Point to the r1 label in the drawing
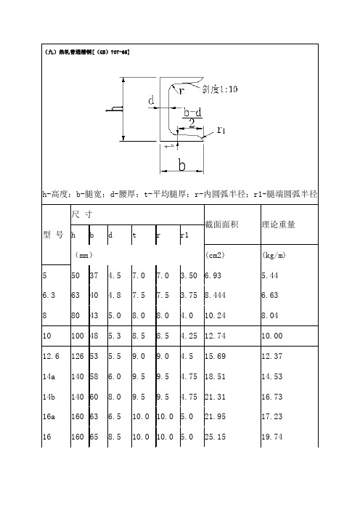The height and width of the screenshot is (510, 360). point(223,129)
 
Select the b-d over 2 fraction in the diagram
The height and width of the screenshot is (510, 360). point(192,118)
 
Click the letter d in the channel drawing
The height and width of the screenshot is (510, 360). point(152,101)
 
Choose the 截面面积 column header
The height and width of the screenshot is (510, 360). point(226,224)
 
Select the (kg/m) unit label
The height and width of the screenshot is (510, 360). point(272,256)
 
